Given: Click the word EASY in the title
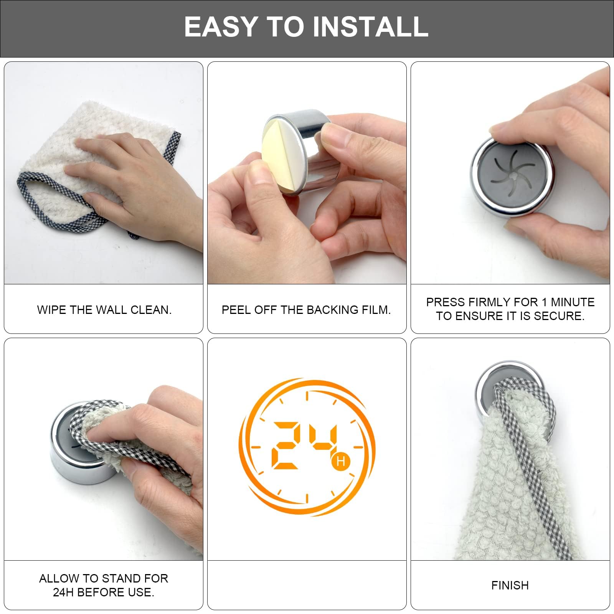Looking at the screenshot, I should tap(220, 27).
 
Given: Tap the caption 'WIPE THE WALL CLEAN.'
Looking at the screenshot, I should tap(104, 310).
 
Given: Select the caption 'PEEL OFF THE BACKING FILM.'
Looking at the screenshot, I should tap(306, 310).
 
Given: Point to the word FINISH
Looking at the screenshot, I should tap(510, 585).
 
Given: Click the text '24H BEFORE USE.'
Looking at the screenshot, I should tap(104, 592).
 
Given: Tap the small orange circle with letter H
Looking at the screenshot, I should tap(340, 461).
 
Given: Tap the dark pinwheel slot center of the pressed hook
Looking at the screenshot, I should tap(512, 177).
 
